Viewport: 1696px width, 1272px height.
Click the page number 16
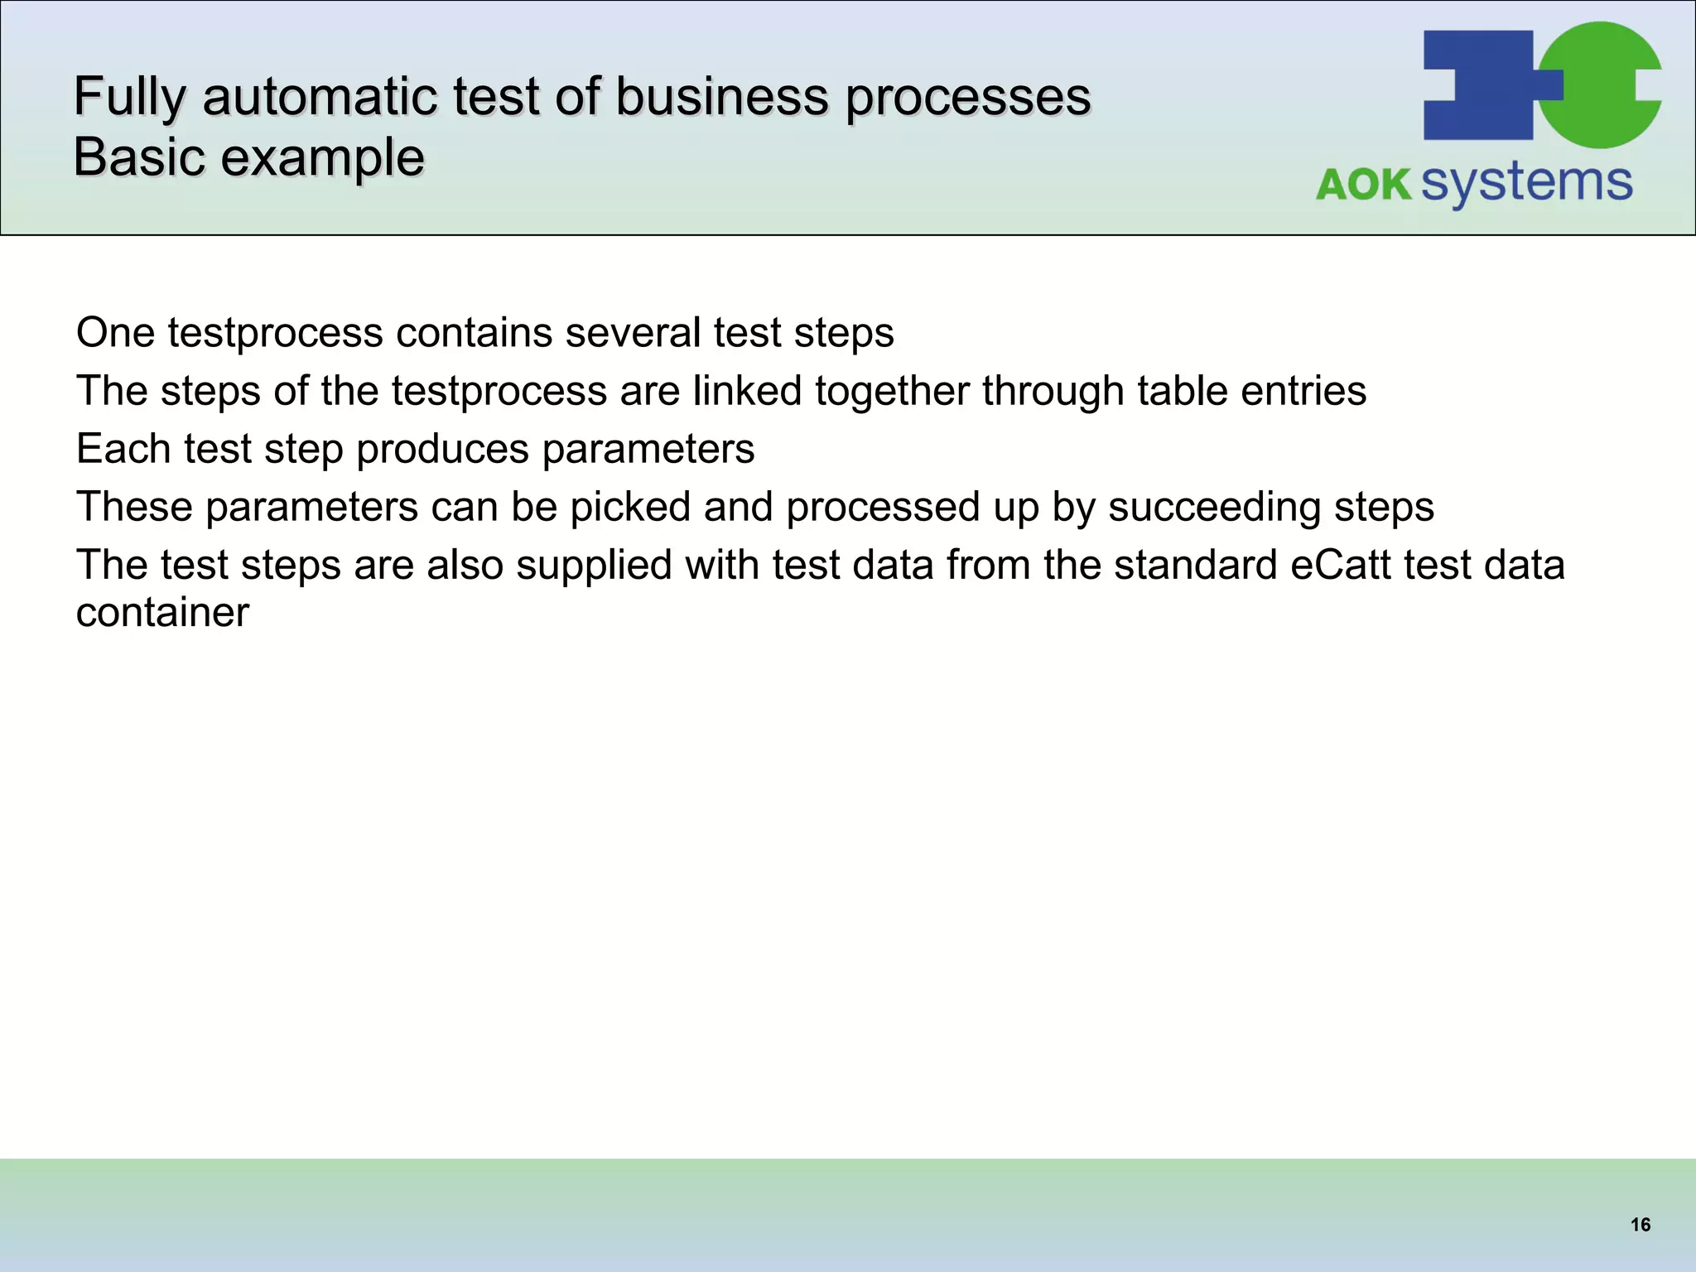click(x=1640, y=1225)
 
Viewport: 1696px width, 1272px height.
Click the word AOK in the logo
click(x=1363, y=184)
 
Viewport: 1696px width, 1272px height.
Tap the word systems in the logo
click(x=1526, y=182)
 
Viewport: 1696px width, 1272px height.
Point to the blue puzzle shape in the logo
click(x=1478, y=84)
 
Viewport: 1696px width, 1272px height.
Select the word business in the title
click(x=721, y=96)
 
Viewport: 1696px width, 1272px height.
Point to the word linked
click(x=747, y=391)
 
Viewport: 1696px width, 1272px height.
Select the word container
click(x=162, y=613)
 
